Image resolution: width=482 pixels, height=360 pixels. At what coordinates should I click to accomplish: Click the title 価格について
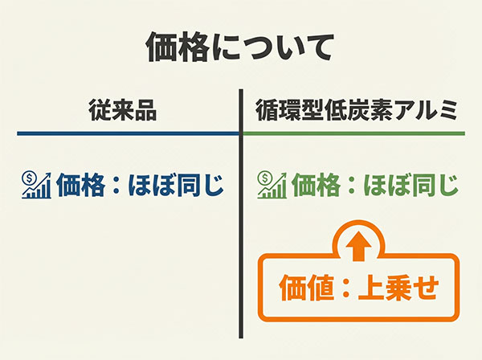239,47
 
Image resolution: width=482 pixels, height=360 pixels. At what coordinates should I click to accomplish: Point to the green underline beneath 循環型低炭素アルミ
354,133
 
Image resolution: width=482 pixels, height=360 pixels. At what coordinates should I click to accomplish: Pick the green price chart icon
272,186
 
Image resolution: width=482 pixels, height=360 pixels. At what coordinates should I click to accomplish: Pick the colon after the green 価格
352,187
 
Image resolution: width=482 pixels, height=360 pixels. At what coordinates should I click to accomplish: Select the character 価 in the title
163,47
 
